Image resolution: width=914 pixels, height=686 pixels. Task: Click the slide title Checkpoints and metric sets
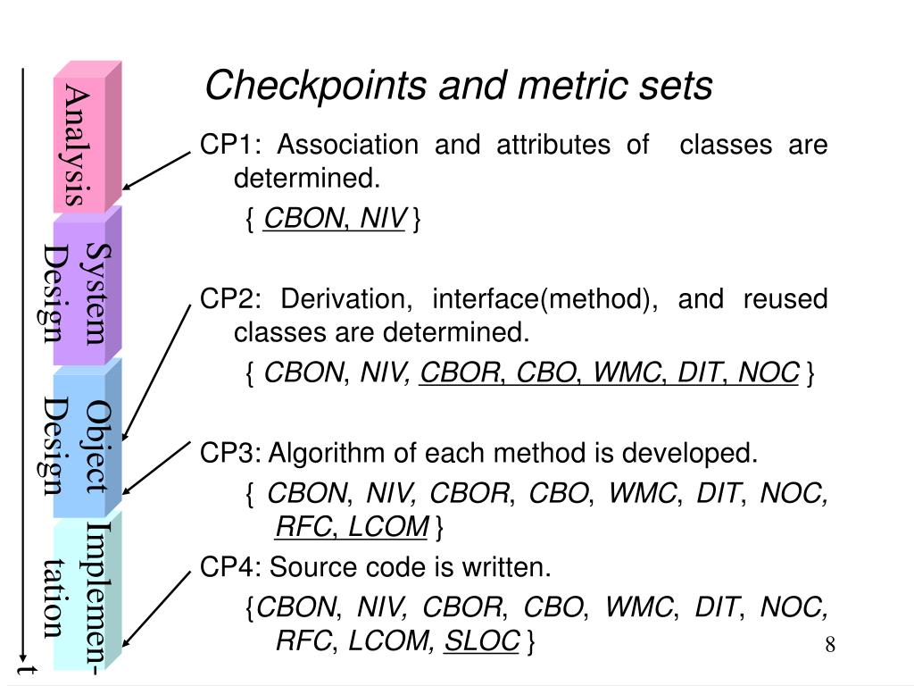[x=459, y=87]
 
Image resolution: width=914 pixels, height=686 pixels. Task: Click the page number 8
[x=829, y=644]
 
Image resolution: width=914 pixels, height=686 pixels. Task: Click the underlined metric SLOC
[x=481, y=641]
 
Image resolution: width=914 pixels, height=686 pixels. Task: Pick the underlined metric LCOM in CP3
[x=388, y=528]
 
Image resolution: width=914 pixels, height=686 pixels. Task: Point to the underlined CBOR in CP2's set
[x=460, y=372]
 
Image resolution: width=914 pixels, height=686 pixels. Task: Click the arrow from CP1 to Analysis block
[x=157, y=170]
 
